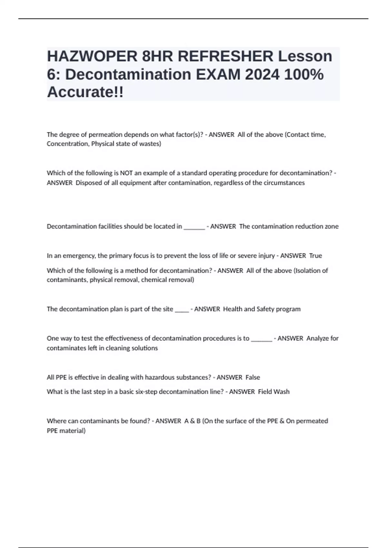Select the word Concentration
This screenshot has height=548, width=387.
[x=67, y=144]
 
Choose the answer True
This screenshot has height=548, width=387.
[x=315, y=256]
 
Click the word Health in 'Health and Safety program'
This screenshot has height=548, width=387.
[x=233, y=309]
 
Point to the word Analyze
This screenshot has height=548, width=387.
[x=317, y=338]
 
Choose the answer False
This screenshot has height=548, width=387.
[x=253, y=377]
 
